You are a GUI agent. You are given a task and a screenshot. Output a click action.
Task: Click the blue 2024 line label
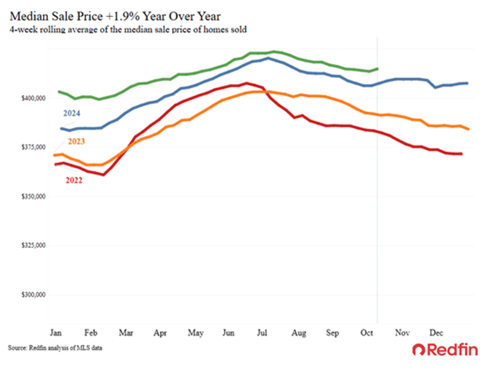pos(72,114)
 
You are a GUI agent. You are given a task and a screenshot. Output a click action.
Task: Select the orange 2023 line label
pos(77,142)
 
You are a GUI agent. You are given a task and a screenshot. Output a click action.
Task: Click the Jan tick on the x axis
pos(54,332)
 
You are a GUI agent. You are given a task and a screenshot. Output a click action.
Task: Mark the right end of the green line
pos(378,69)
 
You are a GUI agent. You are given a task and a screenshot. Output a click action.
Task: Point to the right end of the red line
pos(461,154)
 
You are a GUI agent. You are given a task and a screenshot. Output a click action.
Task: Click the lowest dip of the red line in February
pos(104,175)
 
